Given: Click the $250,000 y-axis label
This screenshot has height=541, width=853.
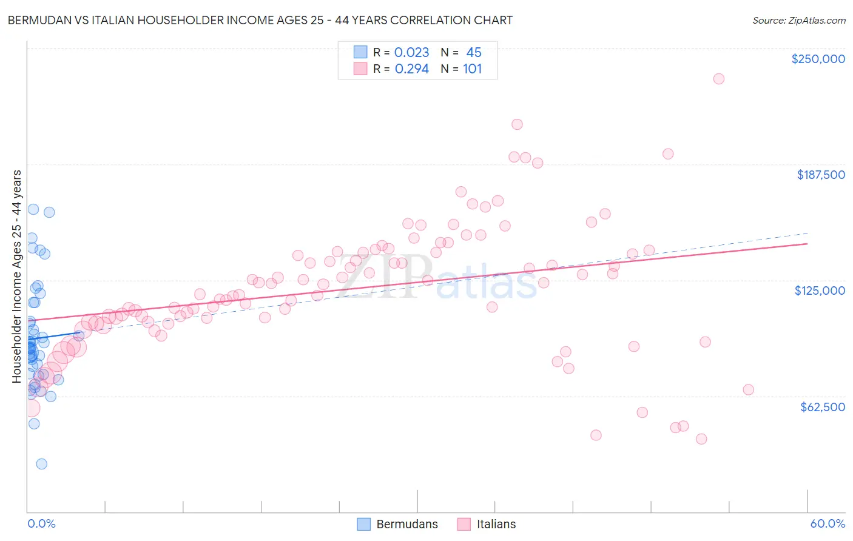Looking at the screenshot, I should pos(818,59).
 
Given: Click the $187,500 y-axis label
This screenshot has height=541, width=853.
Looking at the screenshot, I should pos(820,175).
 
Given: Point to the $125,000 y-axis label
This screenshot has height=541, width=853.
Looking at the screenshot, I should pos(820,291).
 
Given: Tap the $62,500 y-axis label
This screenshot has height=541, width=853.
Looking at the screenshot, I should pos(822,407).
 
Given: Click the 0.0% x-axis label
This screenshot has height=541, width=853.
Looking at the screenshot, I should pos(41,523).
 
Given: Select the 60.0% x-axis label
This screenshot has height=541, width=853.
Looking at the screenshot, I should pos(828,523).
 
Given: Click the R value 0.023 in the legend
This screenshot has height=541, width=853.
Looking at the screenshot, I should pos(411,52).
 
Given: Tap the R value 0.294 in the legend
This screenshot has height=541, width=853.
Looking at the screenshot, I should pos(411,69).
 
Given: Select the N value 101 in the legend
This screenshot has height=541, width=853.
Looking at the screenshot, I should pos(472,69).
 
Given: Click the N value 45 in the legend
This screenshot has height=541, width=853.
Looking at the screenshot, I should pos(474,52).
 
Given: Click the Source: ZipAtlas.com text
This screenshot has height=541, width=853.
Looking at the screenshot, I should pos(798,20).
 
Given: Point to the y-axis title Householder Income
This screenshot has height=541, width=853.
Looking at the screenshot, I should pos(16,276).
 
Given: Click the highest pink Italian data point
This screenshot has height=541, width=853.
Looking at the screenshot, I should pos(718,79).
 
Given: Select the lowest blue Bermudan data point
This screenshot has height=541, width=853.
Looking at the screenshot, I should pos(41,464).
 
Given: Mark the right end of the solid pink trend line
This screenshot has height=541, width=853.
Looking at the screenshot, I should pos(807,243).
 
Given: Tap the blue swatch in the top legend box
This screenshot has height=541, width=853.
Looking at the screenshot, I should pos(360,52).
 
